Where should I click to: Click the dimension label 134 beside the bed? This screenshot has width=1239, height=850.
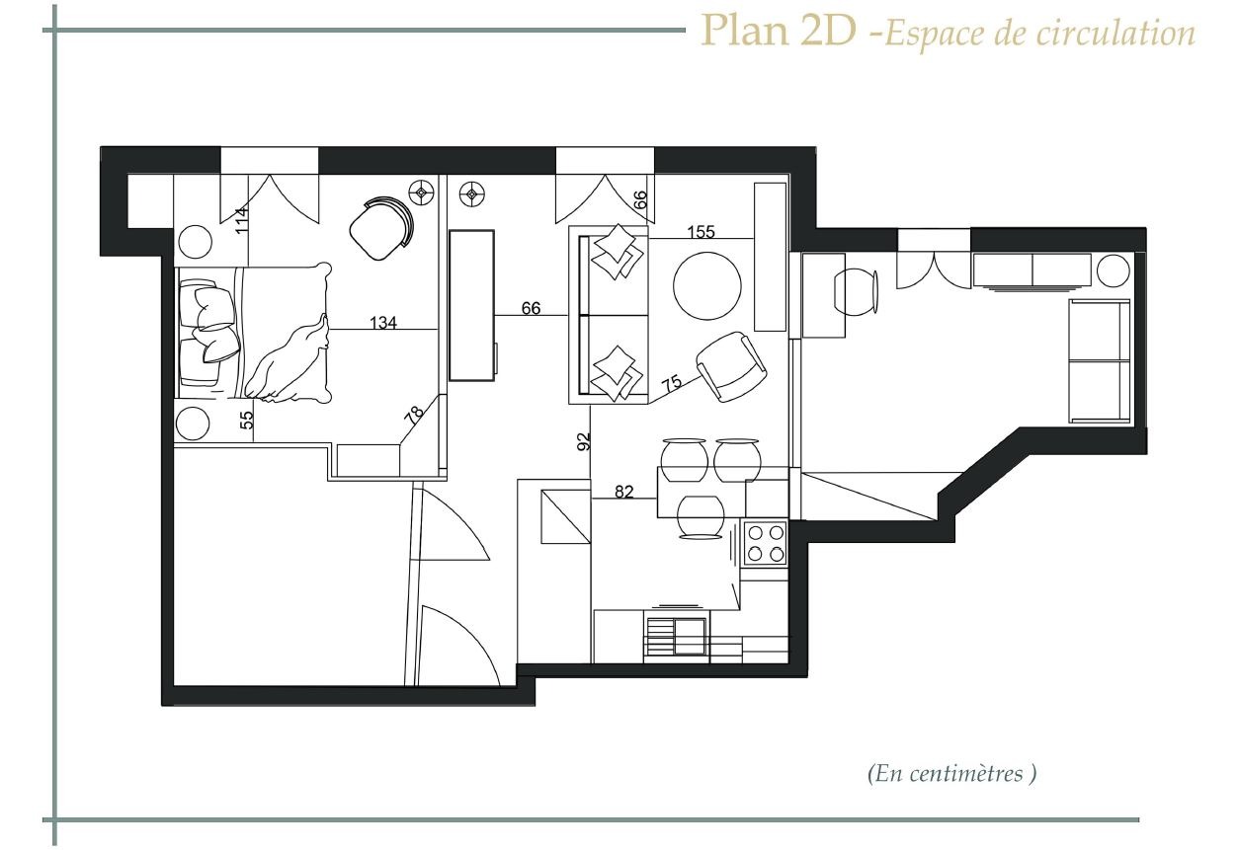[383, 322]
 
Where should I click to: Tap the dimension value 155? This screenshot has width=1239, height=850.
[701, 232]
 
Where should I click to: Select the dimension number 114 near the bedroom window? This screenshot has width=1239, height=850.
[242, 220]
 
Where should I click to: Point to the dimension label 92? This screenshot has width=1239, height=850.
[584, 441]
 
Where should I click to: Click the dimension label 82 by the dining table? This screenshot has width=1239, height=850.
[623, 492]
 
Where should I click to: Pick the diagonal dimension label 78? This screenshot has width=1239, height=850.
[414, 415]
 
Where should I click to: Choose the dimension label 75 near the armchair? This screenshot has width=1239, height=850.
[672, 383]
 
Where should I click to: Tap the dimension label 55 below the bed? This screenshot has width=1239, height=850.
[247, 420]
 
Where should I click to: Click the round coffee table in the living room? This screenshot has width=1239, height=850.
[706, 285]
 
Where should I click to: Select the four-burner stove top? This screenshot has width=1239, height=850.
[766, 543]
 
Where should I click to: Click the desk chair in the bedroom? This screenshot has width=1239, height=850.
[381, 228]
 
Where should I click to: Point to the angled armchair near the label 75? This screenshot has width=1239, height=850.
[731, 366]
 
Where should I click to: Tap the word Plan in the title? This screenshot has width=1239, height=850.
[746, 31]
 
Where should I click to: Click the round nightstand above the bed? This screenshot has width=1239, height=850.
[194, 242]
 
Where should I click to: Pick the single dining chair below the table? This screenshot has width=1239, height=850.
[701, 516]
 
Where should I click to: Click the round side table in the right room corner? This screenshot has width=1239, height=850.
[1113, 270]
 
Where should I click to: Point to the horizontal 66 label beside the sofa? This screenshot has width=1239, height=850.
[531, 308]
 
